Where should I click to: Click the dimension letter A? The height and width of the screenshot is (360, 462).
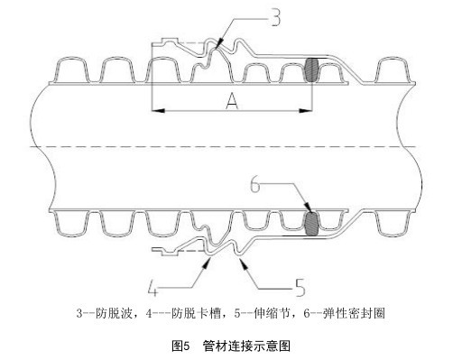click(231, 104)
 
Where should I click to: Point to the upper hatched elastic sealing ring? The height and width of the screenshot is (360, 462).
click(313, 70)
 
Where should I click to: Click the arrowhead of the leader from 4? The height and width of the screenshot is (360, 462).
click(210, 257)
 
